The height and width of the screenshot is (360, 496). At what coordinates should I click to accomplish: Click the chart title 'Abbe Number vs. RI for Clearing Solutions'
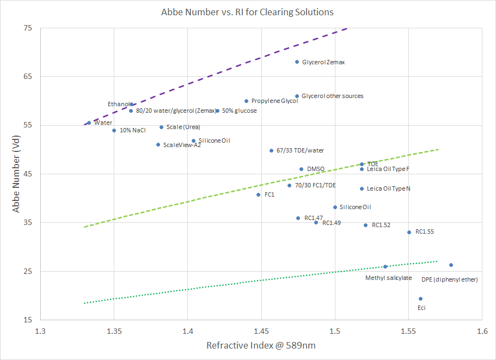247,12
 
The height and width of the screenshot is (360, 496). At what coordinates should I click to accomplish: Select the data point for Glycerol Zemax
297,62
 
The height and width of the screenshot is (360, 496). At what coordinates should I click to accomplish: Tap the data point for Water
89,123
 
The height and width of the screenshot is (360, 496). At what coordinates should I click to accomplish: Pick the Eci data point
420,298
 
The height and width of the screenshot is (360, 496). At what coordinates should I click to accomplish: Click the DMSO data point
301,169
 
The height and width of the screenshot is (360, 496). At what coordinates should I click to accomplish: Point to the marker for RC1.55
409,232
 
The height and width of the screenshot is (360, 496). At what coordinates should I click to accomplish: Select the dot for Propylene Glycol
246,101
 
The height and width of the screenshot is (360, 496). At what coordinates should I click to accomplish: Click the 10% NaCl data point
114,130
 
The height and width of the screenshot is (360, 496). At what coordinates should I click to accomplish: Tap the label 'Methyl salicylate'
388,278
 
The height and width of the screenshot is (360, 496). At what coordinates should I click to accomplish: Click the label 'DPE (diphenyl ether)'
449,279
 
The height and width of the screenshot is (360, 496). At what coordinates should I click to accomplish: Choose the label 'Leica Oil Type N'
388,188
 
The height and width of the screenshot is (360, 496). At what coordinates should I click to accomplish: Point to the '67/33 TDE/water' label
302,150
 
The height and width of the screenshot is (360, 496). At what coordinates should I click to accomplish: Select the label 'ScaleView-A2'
182,145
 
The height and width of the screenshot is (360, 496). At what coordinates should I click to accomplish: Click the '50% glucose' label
239,111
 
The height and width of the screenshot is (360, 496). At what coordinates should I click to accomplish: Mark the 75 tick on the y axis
27,28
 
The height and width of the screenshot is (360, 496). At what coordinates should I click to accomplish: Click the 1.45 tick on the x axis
261,331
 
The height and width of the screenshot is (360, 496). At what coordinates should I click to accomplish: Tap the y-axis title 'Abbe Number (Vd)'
16,174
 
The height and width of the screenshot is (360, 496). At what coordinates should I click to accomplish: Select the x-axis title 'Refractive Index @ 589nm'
261,345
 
